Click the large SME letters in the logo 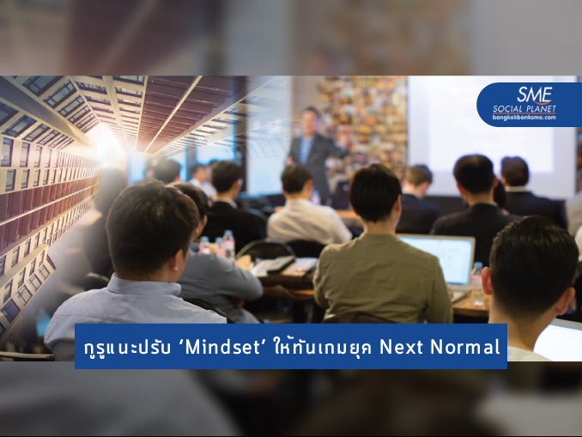point(535,95)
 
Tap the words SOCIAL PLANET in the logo point(524,109)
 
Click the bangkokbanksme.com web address point(524,118)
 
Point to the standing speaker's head point(309,117)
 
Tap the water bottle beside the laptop point(477,284)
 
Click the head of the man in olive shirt point(376,192)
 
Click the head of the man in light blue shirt point(151,230)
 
